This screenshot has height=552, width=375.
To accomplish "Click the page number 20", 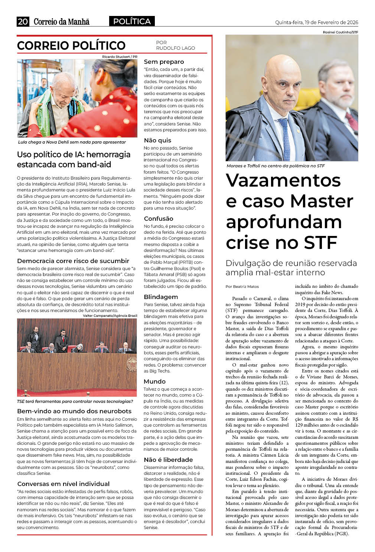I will (23, 22).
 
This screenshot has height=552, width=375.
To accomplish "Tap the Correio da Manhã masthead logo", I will (62, 22).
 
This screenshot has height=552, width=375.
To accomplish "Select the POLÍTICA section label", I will (132, 22).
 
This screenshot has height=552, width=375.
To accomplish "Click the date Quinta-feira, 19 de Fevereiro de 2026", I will (316, 22).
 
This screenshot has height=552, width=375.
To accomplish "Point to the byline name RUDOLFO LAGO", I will (175, 48).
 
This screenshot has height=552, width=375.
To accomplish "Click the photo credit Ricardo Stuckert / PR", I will (120, 57).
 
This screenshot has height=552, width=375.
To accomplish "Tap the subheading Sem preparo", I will (164, 62).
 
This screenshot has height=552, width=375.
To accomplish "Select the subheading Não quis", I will (157, 140).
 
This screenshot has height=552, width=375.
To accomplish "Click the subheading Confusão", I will (159, 218).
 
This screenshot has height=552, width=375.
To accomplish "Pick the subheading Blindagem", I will (161, 297).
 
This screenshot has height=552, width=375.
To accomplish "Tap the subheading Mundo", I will (154, 381).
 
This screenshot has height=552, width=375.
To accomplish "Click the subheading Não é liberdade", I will (168, 460).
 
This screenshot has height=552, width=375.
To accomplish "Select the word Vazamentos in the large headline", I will (283, 181).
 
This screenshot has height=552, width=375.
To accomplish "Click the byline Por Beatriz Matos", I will (242, 286).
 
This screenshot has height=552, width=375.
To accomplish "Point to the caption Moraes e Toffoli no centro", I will (275, 166).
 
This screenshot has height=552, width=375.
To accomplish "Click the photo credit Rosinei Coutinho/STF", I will (340, 32).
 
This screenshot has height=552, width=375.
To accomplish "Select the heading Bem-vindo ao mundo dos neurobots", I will (74, 411).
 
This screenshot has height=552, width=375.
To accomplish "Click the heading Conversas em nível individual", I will (63, 484).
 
